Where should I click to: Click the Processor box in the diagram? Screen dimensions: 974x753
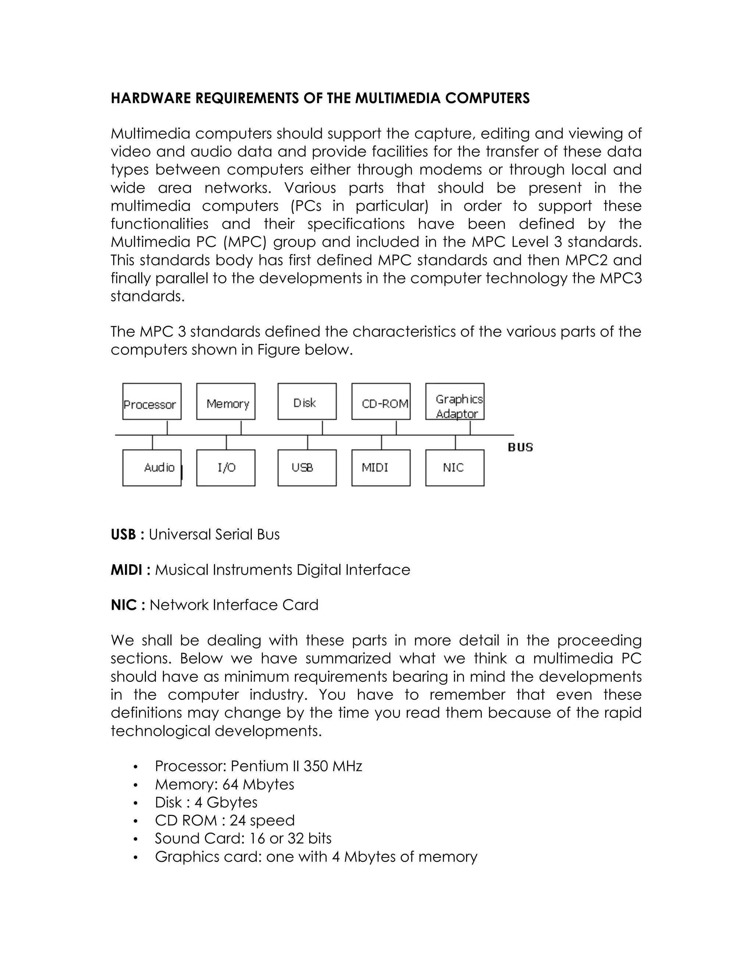[x=152, y=401]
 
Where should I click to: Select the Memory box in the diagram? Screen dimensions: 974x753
[x=226, y=401]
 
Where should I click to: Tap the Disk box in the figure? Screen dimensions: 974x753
[x=307, y=401]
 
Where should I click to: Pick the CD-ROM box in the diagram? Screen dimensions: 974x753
[x=381, y=401]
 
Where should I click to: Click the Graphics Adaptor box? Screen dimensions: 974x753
[x=455, y=401]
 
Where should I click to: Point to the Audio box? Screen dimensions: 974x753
[x=152, y=468]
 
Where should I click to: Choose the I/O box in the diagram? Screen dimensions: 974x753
[x=226, y=468]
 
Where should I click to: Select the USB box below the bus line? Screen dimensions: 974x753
[x=307, y=468]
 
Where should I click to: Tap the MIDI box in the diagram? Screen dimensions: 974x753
[x=381, y=468]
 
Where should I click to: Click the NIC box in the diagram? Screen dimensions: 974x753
[x=455, y=468]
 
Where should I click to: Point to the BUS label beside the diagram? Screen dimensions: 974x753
[x=521, y=447]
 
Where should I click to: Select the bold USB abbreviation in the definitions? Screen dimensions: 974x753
[x=123, y=534]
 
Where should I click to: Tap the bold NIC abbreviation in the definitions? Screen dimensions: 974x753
[x=124, y=605]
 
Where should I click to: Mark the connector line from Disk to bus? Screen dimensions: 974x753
[x=322, y=427]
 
